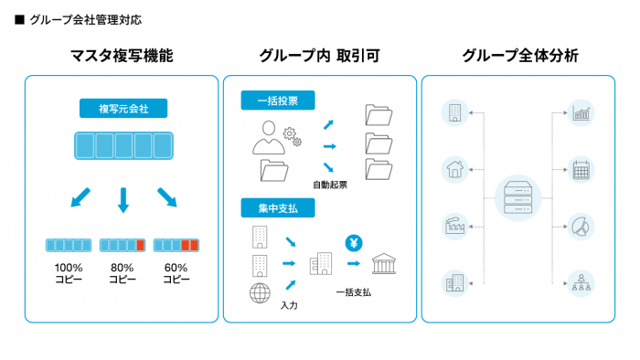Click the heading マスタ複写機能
(122, 56)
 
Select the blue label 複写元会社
(123, 109)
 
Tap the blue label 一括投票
(278, 101)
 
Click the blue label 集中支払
(278, 208)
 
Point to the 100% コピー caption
(69, 273)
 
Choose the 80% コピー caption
(122, 273)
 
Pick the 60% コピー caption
(176, 273)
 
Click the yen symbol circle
(354, 243)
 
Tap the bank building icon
(384, 263)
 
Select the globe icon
(260, 293)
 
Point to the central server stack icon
(518, 198)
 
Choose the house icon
(454, 170)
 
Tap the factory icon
(454, 227)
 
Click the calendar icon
(581, 170)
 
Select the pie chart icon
(581, 227)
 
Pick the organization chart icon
(581, 283)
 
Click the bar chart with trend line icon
(581, 113)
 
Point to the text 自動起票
(330, 185)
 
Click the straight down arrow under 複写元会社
(123, 200)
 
